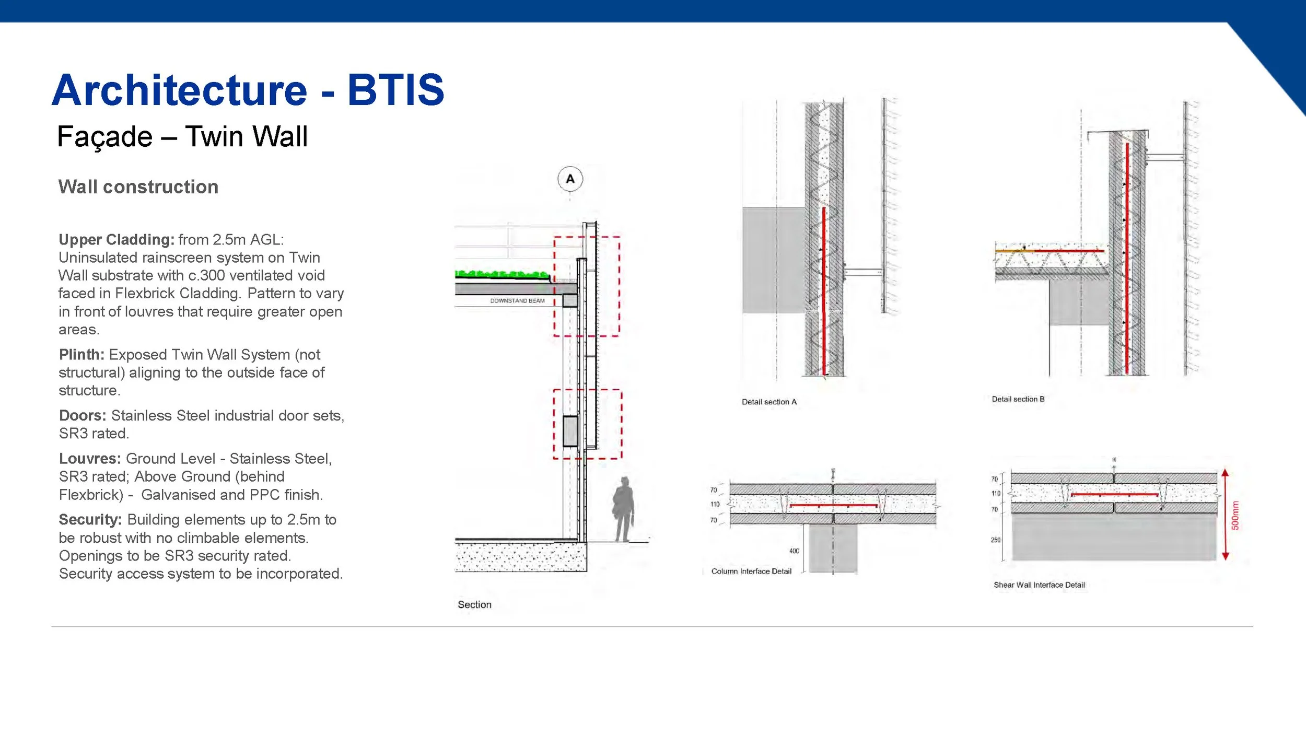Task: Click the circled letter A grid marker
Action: (570, 179)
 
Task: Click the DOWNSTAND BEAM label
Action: (517, 301)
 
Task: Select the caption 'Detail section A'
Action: (769, 402)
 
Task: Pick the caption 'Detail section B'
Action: (1018, 399)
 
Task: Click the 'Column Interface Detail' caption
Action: (751, 571)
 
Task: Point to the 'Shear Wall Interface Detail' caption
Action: (1039, 585)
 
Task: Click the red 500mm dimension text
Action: (1235, 516)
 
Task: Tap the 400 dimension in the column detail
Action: (794, 551)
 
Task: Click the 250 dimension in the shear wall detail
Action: (996, 540)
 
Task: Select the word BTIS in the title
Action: (395, 90)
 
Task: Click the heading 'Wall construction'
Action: (138, 187)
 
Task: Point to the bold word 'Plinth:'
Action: (81, 355)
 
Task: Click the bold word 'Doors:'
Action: (83, 416)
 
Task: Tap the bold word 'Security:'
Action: (90, 520)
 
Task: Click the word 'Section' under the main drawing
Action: (474, 604)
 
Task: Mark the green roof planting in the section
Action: (502, 274)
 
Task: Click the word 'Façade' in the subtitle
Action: (105, 137)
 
